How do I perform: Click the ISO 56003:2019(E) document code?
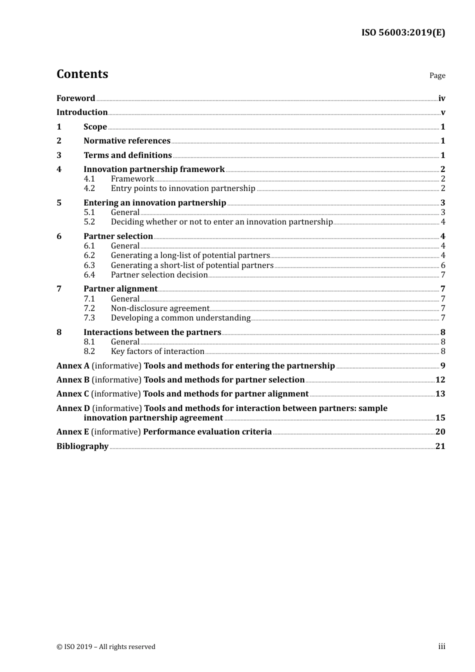(403, 33)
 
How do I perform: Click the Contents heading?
(82, 74)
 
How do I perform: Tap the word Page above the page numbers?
(437, 75)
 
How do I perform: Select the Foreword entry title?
(75, 98)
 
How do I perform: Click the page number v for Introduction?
(442, 112)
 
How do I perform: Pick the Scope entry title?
(95, 127)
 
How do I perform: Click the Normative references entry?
(127, 141)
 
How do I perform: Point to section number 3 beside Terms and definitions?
(59, 155)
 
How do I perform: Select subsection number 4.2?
(89, 188)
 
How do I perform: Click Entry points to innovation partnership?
(183, 188)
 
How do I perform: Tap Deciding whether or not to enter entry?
(221, 222)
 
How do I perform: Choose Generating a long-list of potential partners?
(190, 255)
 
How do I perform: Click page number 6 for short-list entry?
(442, 265)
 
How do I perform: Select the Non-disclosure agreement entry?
(160, 308)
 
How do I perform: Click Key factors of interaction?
(157, 351)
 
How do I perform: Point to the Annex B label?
(73, 380)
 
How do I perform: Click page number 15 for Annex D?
(440, 418)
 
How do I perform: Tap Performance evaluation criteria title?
(207, 432)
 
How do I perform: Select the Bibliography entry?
(82, 446)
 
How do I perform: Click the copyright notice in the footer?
(106, 647)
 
